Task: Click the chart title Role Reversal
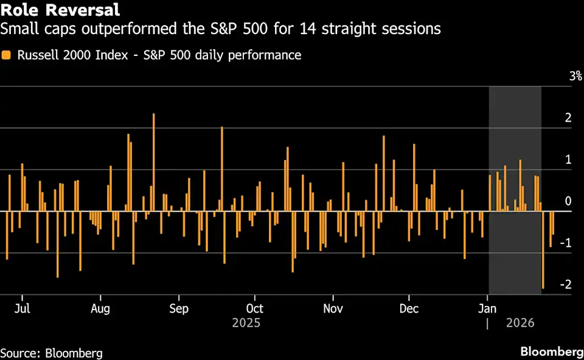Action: [60, 10]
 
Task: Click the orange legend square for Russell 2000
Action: [6, 55]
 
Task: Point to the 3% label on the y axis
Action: [575, 77]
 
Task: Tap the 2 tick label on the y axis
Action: [568, 118]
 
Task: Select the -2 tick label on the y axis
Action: [565, 285]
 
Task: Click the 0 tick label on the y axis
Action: [568, 201]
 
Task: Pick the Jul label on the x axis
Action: [22, 308]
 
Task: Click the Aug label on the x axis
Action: [100, 308]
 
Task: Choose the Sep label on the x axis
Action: [178, 308]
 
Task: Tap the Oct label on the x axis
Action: [255, 308]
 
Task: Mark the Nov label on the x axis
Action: [333, 308]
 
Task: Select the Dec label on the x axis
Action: [409, 308]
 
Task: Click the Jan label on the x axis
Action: [487, 308]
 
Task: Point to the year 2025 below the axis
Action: [246, 322]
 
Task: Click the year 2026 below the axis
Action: [520, 322]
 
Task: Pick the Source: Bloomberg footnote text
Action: [51, 353]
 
